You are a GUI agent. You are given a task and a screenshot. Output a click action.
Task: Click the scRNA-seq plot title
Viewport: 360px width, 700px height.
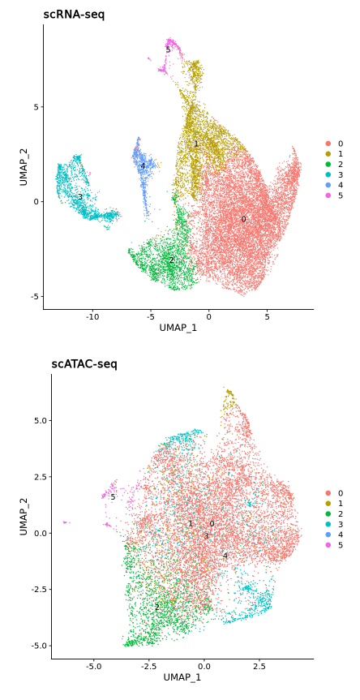74,15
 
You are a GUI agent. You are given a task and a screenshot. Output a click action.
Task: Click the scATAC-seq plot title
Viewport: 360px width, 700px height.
84,364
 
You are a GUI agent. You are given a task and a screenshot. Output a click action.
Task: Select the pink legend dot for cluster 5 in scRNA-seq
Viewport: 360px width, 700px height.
328,195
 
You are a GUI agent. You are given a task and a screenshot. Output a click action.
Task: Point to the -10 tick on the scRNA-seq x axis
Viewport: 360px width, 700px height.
92,316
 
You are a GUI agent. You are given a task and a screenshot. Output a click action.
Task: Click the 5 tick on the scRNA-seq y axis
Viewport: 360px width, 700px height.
36,107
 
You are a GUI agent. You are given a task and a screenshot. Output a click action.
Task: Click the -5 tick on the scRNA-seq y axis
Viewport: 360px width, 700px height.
35,296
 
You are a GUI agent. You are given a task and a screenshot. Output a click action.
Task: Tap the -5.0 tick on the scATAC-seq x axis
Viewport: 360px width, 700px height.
93,666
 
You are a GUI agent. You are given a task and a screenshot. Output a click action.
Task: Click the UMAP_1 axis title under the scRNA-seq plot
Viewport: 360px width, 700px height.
178,328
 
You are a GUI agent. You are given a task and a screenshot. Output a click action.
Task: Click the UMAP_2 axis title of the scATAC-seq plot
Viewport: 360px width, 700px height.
24,516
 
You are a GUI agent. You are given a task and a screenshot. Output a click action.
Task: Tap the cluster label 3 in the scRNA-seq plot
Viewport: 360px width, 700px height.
80,197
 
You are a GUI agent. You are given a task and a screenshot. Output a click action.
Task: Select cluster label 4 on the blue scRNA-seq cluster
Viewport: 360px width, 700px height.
143,166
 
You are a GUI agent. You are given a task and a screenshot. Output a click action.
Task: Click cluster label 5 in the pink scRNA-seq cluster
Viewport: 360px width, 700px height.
169,50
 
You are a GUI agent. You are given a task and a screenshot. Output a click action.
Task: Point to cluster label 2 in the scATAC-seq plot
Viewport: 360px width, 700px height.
156,607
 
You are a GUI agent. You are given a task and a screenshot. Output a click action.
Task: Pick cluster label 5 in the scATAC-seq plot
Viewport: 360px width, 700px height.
113,497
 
